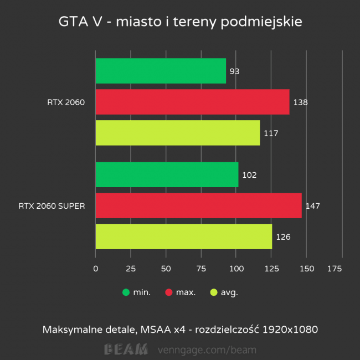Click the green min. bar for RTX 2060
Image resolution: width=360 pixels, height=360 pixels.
[161, 71]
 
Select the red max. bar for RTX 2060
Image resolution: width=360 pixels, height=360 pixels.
[192, 102]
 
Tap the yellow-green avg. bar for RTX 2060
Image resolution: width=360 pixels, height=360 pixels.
[177, 133]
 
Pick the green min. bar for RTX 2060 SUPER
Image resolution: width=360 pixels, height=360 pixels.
[167, 175]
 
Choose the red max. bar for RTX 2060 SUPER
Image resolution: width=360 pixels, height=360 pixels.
[198, 206]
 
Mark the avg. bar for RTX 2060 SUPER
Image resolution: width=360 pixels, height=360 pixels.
[183, 237]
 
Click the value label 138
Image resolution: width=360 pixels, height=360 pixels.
[301, 102]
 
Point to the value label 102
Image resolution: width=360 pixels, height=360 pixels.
[249, 176]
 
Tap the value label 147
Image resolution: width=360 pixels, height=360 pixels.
[313, 207]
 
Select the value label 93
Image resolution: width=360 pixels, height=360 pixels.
[234, 71]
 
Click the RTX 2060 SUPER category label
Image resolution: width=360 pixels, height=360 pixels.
[52, 206]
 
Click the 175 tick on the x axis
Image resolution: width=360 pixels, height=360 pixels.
[335, 269]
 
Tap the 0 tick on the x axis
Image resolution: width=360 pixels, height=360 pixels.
[96, 269]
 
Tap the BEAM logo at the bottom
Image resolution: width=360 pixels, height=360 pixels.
[126, 349]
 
